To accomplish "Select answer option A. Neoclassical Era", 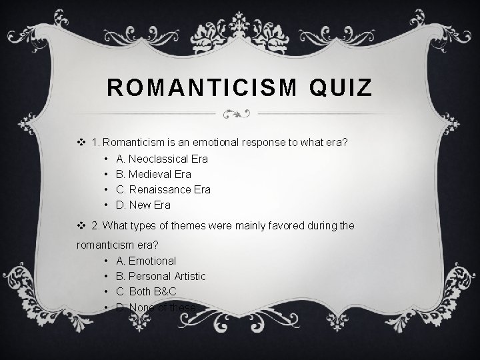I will click(162, 159).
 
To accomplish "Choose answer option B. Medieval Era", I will click(153, 174).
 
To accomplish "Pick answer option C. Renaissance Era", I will click(163, 189).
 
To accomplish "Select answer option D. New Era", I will click(143, 205).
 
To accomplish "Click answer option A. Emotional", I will click(146, 261).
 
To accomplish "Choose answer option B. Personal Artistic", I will click(161, 276).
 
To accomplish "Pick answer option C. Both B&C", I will click(146, 291).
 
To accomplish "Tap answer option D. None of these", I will click(156, 307).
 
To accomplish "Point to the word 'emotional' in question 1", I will click(222, 141).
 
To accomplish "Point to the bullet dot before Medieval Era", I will click(107, 175).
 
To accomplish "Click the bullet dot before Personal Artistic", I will click(107, 277).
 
